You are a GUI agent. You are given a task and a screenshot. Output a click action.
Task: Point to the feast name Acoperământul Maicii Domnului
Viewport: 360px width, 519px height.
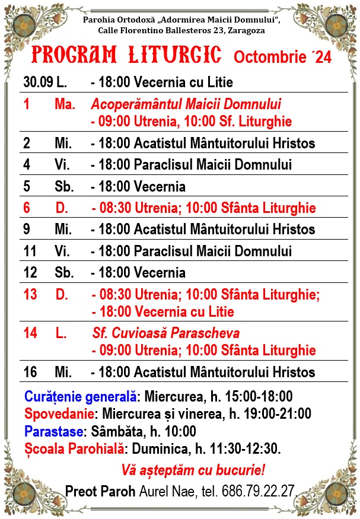click(186, 104)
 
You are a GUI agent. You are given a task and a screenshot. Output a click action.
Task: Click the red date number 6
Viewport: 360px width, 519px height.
click(27, 208)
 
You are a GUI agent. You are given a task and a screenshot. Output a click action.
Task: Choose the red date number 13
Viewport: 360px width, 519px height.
click(30, 294)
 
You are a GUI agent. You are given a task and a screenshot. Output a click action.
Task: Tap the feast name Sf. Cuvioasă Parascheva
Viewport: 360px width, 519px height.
click(166, 333)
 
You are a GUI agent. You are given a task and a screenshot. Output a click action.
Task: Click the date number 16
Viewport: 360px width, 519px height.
click(30, 372)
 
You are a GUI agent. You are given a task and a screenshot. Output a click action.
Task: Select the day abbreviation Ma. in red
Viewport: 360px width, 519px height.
click(65, 104)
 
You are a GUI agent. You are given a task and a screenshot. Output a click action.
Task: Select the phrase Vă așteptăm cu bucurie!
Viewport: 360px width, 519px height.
click(193, 470)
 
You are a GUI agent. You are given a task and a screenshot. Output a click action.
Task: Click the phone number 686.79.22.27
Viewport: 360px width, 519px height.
click(259, 491)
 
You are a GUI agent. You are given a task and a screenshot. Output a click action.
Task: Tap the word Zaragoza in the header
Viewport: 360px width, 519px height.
click(245, 30)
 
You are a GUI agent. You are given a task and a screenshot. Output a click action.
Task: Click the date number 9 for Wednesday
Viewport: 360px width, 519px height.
click(27, 229)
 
